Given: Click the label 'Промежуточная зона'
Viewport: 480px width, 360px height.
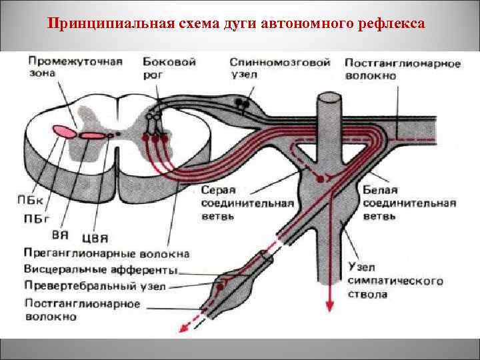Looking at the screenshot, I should [x=75, y=67].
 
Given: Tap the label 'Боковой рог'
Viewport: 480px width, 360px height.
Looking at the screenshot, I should [x=169, y=67].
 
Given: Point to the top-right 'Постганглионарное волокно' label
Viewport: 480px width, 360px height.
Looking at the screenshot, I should [x=402, y=69].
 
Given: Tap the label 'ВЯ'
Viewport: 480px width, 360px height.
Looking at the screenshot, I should [x=60, y=235].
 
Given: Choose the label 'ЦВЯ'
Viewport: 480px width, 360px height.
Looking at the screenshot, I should [x=95, y=237].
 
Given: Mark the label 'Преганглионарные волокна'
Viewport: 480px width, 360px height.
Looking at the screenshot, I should [x=106, y=253].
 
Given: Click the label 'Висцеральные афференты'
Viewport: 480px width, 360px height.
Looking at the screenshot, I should [x=101, y=270].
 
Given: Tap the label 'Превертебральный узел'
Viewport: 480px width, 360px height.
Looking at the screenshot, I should [x=95, y=286].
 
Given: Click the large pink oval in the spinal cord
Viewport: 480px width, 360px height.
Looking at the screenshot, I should [x=65, y=131].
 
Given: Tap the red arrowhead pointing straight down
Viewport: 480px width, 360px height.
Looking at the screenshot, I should [x=329, y=305].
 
